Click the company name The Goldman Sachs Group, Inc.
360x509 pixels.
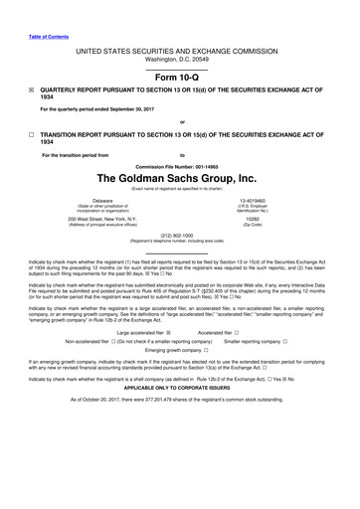tap(180, 176)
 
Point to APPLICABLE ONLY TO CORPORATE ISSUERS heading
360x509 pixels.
tap(180, 385)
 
